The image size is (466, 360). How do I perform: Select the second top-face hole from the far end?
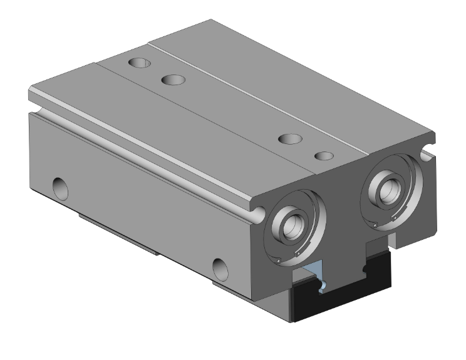click(173, 80)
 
